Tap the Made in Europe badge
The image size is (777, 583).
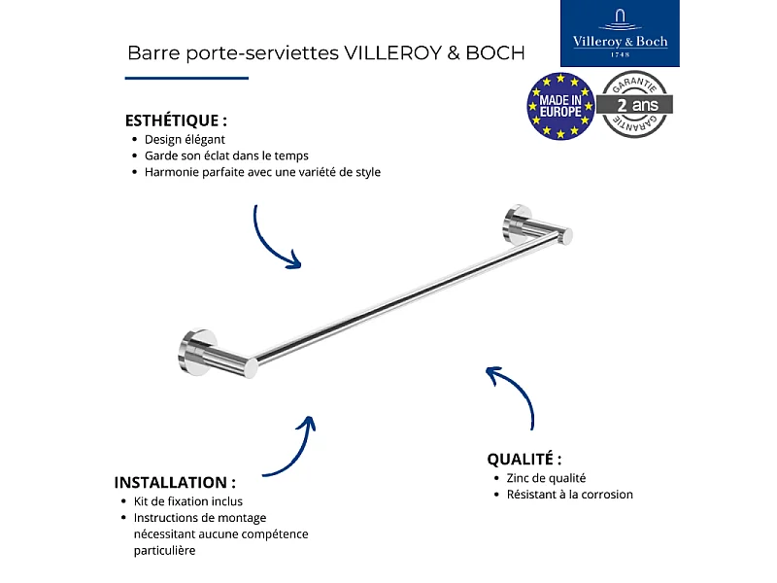pos(560,106)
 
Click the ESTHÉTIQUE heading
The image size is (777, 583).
pos(176,121)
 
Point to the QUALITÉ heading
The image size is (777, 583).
pos(524,459)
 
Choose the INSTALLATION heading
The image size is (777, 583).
pos(175,482)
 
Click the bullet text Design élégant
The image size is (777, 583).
pos(185,139)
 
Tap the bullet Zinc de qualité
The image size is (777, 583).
pos(546,478)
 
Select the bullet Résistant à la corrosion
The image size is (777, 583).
pos(569,495)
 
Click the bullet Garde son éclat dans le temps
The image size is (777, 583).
pos(226,155)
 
